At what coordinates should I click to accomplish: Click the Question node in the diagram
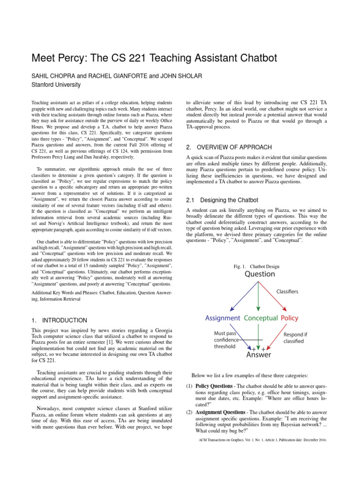(x=258, y=275)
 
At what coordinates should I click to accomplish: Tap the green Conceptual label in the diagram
(x=261, y=318)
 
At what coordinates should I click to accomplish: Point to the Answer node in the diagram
(x=258, y=355)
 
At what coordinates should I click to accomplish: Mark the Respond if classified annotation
(x=300, y=337)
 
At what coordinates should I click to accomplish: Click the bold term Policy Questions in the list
(x=214, y=386)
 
